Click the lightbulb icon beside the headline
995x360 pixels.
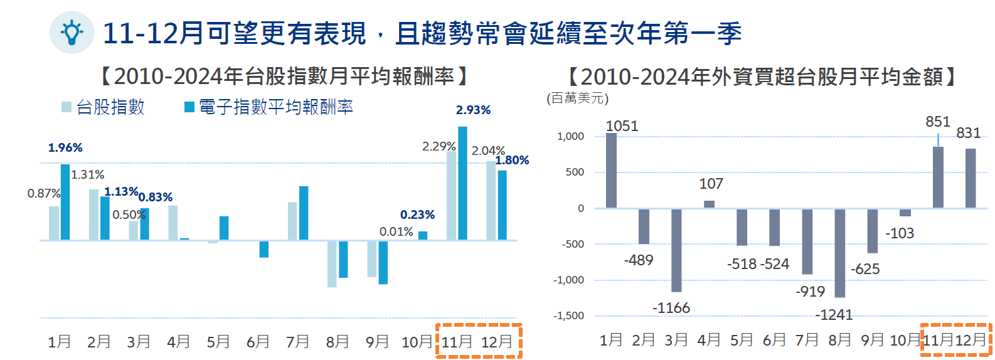click(72, 32)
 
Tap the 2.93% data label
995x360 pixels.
click(473, 110)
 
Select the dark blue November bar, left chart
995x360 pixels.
click(462, 183)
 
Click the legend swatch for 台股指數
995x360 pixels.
click(67, 107)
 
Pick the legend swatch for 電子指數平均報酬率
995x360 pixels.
click(189, 107)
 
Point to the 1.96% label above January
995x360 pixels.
click(65, 147)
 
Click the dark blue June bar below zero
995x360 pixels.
click(263, 249)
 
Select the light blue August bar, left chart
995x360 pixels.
click(332, 263)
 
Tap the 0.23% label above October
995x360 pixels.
click(417, 214)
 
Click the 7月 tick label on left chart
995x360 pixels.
click(297, 342)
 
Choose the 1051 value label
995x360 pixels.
click(622, 126)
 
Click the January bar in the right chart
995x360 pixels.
click(611, 170)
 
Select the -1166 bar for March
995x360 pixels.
click(676, 250)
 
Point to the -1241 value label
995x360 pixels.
click(834, 315)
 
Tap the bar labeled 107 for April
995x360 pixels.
click(709, 204)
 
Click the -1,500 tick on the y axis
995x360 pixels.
click(568, 316)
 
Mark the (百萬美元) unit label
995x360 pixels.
click(577, 98)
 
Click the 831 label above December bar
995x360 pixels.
click(968, 133)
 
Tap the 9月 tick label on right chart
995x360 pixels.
click(872, 340)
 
